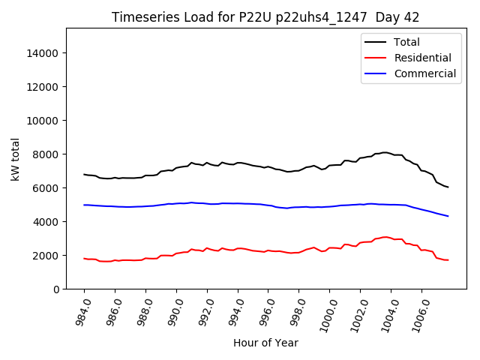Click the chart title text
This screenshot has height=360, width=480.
(265, 17)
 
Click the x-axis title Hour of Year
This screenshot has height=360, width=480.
(265, 343)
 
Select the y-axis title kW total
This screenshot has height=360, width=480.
(15, 158)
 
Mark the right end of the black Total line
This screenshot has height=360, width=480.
(448, 187)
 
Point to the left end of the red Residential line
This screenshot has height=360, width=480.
(84, 259)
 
